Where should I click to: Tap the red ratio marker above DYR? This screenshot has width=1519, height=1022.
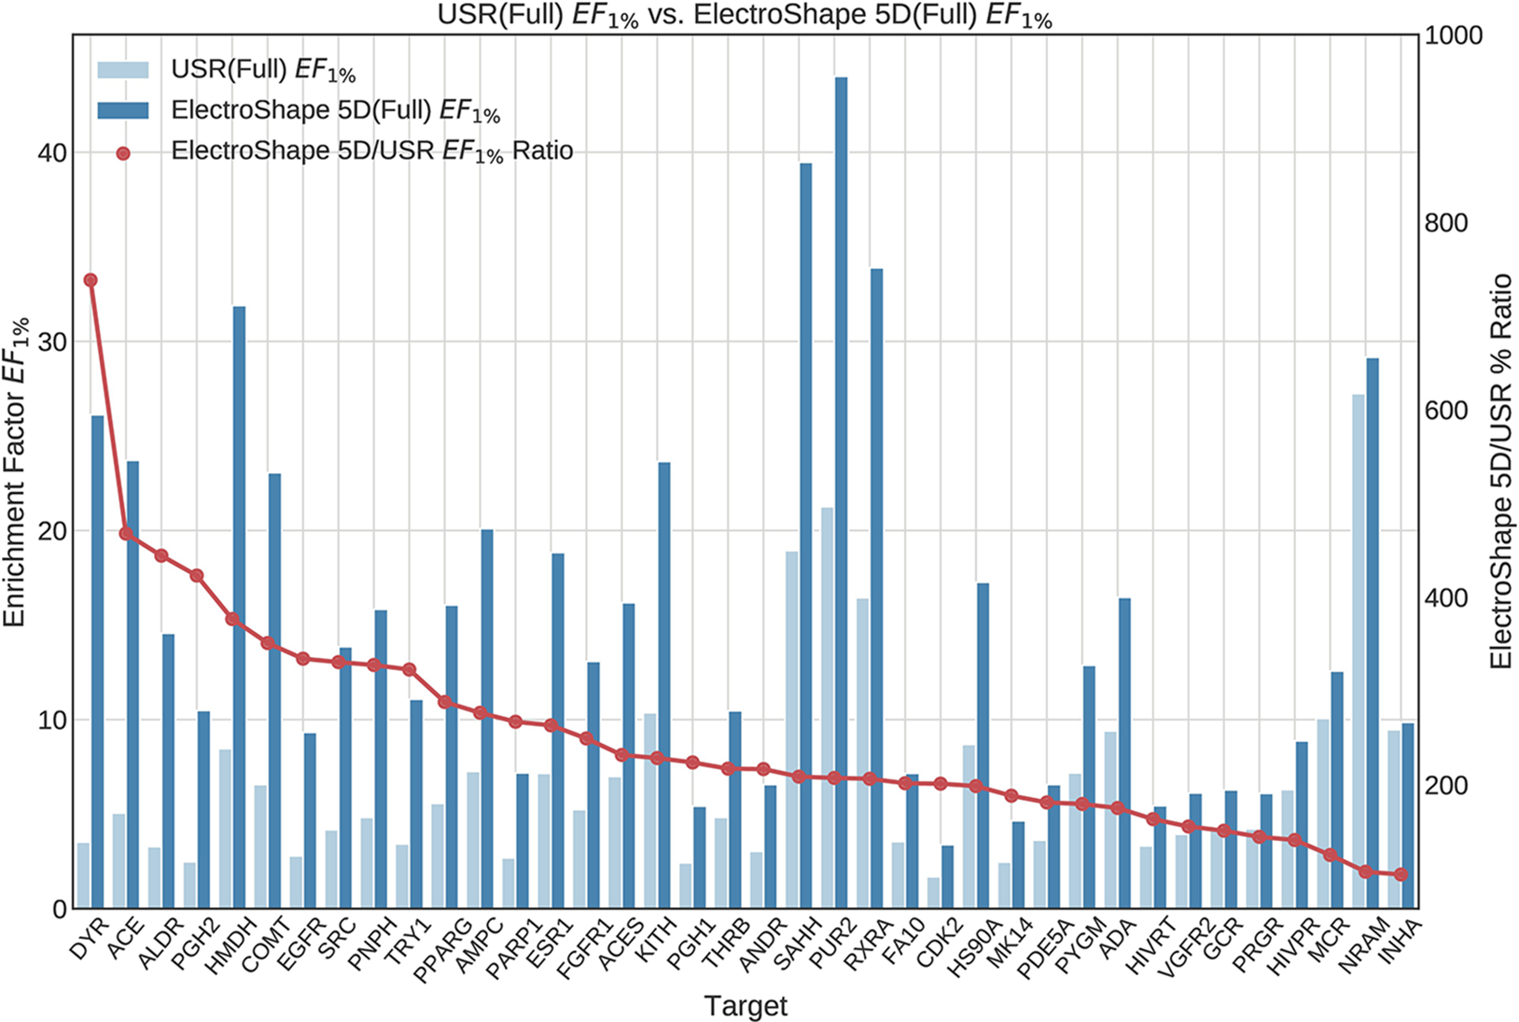pos(91,280)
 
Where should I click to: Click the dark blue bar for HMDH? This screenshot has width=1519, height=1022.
pos(239,607)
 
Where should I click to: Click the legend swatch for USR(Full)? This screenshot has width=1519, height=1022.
pos(122,70)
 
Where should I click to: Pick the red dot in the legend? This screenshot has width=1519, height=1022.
pos(122,152)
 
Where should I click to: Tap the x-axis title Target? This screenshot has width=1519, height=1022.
pos(746,1005)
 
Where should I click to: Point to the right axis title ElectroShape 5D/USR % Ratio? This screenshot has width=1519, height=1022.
pos(1500,471)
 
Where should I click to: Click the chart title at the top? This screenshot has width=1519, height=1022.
pos(745,16)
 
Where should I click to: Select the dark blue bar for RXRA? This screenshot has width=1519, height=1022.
pos(876,588)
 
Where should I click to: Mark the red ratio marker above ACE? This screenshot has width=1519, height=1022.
pos(126,534)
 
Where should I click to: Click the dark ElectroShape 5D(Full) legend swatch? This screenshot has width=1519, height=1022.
pos(122,110)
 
